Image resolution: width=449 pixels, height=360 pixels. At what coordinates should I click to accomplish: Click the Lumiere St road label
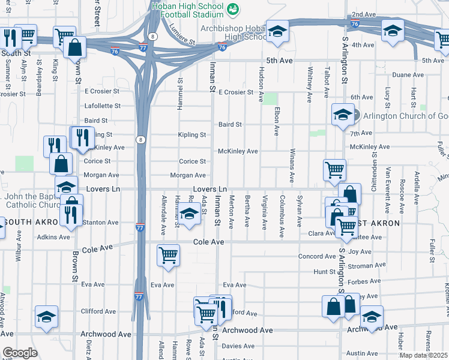pos(182,35)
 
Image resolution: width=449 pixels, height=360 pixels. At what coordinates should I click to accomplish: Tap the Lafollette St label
pos(101,106)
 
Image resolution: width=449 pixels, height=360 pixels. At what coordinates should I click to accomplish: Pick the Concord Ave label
pos(318,257)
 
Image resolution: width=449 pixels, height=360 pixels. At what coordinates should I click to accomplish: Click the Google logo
pos(20,353)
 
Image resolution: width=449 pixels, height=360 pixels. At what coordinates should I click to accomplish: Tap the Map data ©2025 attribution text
pos(423,355)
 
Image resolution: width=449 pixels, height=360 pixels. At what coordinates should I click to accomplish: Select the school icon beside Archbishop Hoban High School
pos(277,32)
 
